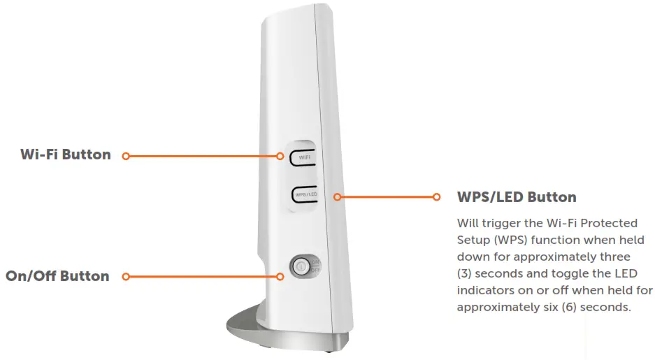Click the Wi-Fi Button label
66,155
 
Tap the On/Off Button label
57,276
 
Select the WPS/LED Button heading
516,197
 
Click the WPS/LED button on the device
303,195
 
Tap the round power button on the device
300,266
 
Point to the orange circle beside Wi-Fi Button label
126,156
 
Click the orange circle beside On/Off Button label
126,277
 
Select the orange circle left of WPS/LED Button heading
437,197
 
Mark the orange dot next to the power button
280,277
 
